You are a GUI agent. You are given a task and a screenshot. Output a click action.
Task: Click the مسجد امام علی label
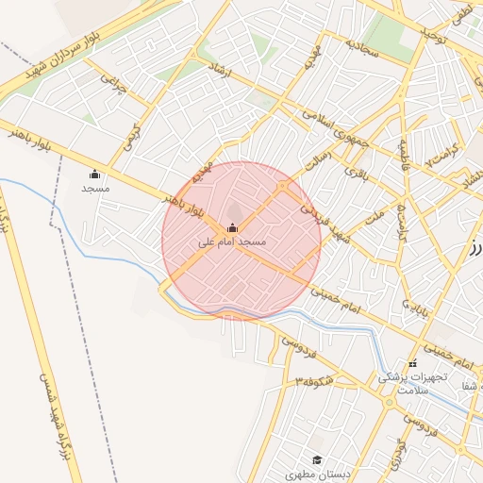pos(232,242)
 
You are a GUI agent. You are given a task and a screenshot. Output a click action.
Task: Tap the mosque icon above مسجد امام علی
pos(232,228)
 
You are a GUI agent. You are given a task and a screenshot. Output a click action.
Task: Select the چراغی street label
pos(113,86)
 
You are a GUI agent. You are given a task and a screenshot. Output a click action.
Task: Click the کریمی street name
pos(131,138)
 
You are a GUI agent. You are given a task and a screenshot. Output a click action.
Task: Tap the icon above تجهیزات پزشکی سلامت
pos(411,364)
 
